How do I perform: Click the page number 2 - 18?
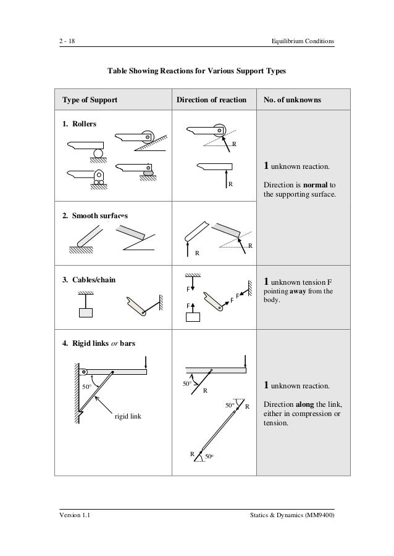(63, 41)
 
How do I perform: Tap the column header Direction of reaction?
(211, 99)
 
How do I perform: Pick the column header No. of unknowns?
(295, 99)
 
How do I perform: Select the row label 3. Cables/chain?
(89, 279)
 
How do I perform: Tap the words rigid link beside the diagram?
(128, 417)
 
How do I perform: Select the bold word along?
(309, 404)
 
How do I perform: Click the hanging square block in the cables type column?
(85, 311)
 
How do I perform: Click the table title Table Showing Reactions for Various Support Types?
(197, 72)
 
